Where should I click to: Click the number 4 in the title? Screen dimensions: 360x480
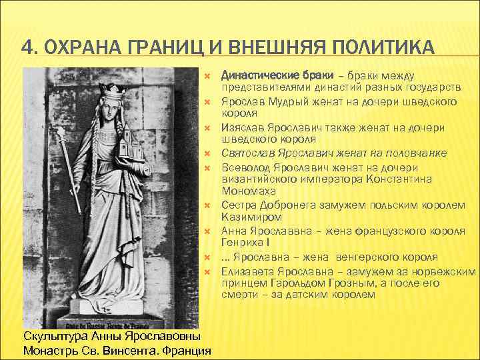tap(27, 49)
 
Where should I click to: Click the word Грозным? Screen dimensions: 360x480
tap(345, 282)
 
